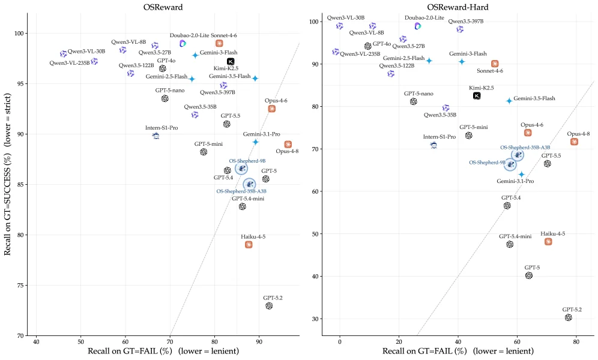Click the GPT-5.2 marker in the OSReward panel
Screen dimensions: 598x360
pyautogui.click(x=269, y=306)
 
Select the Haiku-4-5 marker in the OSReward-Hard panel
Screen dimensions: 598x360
pyautogui.click(x=548, y=242)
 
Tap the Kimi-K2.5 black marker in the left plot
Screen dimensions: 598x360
pyautogui.click(x=231, y=61)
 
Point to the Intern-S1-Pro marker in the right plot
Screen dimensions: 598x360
pyautogui.click(x=433, y=145)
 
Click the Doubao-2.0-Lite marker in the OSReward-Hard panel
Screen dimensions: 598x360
pyautogui.click(x=418, y=26)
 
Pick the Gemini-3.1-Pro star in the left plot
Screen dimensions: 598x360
pyautogui.click(x=256, y=142)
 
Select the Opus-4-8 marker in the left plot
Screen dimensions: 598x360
pyautogui.click(x=288, y=145)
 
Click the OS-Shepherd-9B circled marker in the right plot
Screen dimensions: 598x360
pyautogui.click(x=510, y=164)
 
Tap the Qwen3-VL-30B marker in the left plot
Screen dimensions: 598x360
pyautogui.click(x=63, y=54)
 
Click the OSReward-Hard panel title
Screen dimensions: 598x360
pyautogui.click(x=458, y=7)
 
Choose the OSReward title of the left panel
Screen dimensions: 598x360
pyautogui.click(x=163, y=7)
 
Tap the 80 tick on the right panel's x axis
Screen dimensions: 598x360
pyautogui.click(x=576, y=342)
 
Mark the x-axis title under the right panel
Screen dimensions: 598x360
pyautogui.click(x=458, y=351)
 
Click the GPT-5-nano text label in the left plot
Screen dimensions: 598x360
pyautogui.click(x=170, y=90)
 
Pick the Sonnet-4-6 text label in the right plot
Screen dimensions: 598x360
pyautogui.click(x=490, y=70)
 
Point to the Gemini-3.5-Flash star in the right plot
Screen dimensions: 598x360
pyautogui.click(x=509, y=101)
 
